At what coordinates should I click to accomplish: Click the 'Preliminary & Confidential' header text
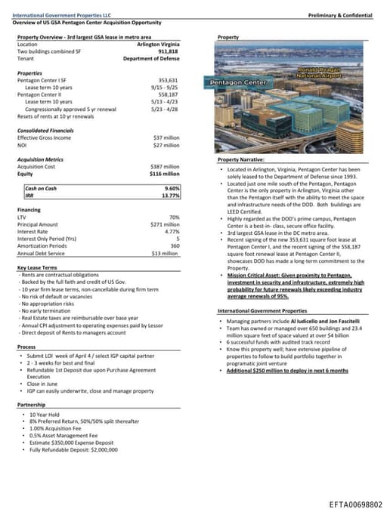(342, 15)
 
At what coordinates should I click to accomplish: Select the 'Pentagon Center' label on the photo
(236, 82)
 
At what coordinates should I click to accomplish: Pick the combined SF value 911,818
(169, 51)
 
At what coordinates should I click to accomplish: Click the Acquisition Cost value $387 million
(166, 166)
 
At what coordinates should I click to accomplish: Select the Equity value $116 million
(165, 174)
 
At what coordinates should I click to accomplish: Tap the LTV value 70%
(174, 217)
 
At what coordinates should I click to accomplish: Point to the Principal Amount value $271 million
(165, 224)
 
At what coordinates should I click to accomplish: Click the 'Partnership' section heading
(31, 404)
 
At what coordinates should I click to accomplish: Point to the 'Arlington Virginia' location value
(152, 44)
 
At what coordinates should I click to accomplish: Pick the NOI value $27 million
(166, 145)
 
